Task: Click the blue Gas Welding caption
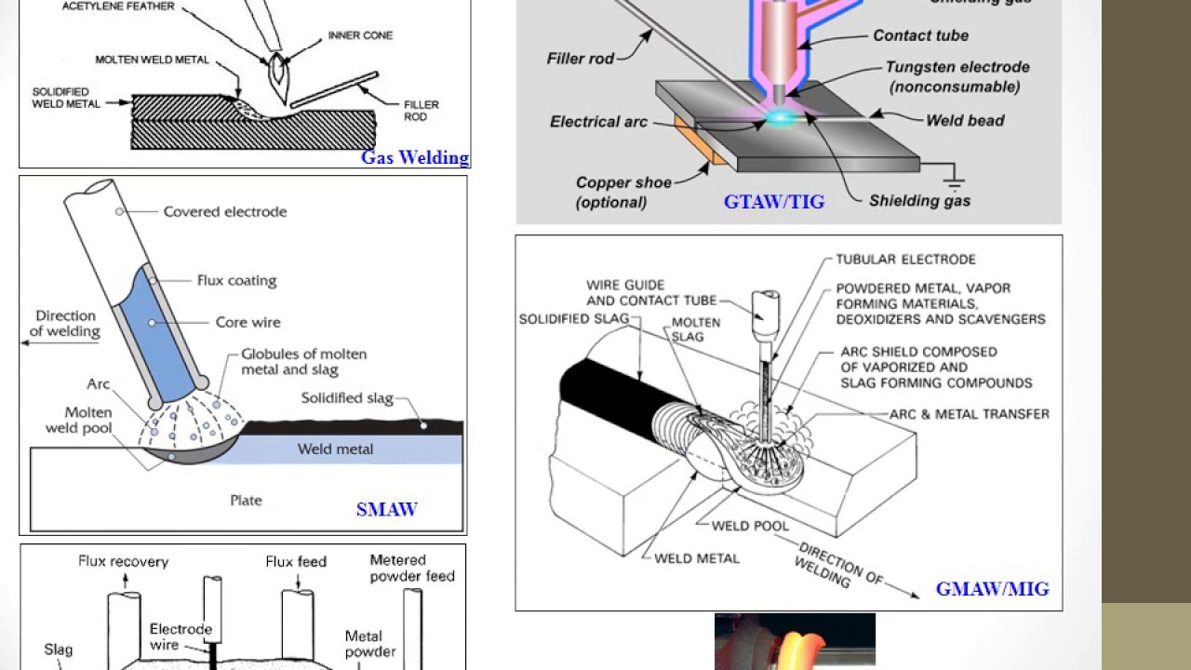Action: coord(415,157)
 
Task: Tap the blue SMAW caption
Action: coord(386,509)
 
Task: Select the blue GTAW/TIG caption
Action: coord(774,202)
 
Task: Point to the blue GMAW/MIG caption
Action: coord(992,589)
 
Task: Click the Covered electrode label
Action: coord(224,212)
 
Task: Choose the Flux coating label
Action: coord(236,280)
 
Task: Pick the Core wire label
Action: coord(248,322)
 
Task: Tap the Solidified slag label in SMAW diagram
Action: coord(347,398)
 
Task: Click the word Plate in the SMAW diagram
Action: coord(246,501)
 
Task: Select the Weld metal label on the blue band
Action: coord(335,449)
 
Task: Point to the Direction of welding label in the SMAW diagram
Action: coord(64,324)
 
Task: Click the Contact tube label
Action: coord(920,35)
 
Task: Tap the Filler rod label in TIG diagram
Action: coord(581,59)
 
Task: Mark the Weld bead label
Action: coord(965,120)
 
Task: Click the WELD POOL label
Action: coord(750,526)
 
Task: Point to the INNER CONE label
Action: coord(360,35)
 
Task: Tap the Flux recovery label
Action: coord(124,562)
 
